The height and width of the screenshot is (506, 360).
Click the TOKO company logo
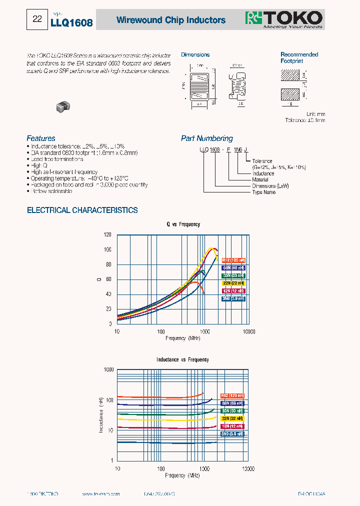point(283,19)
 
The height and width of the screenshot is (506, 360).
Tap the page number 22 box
point(37,19)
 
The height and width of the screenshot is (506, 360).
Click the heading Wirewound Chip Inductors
point(171,20)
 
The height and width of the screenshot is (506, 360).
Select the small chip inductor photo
point(63,105)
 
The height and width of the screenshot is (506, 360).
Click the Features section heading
point(41,138)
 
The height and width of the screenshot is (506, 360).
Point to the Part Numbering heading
point(206,138)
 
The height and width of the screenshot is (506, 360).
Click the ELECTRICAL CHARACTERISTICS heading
point(82,210)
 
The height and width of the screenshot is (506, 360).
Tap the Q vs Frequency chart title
point(183,224)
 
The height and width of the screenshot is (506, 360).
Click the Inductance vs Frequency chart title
point(182,359)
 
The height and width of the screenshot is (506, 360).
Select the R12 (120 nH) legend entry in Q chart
point(233,260)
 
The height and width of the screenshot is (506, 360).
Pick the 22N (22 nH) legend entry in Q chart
point(233,283)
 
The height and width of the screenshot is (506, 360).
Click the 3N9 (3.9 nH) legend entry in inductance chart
point(232,434)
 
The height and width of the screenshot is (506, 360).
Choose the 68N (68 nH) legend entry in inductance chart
point(232,403)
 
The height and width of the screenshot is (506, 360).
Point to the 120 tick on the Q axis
point(107,234)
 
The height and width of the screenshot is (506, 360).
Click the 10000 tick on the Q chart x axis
point(248,331)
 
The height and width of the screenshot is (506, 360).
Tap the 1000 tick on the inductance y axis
point(108,370)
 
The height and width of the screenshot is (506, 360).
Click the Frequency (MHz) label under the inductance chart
point(182,475)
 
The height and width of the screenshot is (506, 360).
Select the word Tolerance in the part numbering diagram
point(262,161)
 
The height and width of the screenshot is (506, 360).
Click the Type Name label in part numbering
point(263,192)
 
